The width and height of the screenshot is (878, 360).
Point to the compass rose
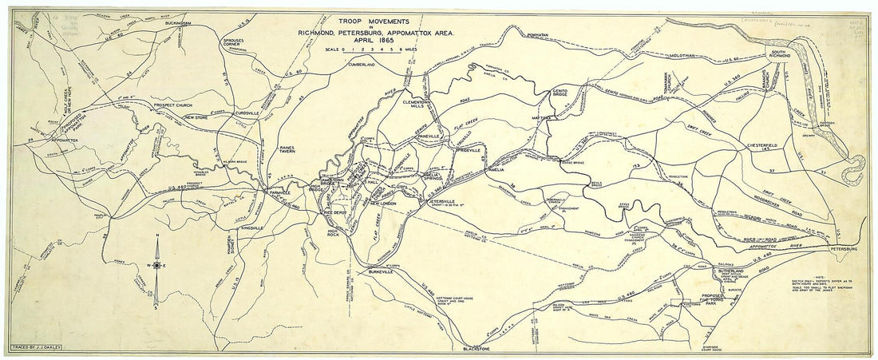click(158, 265)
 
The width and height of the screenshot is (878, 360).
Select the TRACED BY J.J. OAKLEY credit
click(38, 349)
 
